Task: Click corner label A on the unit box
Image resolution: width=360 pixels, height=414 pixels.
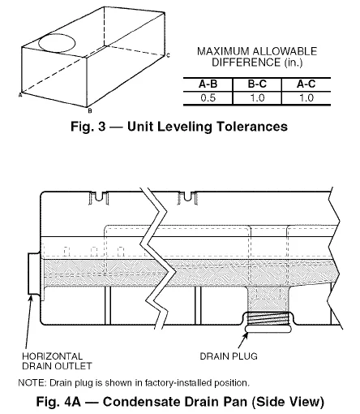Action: coord(19,94)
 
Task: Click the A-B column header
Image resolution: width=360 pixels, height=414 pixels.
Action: coord(208,84)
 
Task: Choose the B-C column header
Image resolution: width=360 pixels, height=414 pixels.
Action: coord(254,84)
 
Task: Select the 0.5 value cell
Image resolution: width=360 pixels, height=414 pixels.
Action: coord(208,96)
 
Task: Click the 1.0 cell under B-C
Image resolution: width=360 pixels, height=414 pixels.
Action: coord(254,96)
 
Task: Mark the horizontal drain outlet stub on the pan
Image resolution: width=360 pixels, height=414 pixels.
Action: coord(32,274)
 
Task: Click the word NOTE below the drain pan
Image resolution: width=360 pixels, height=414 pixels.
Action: coord(30,382)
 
